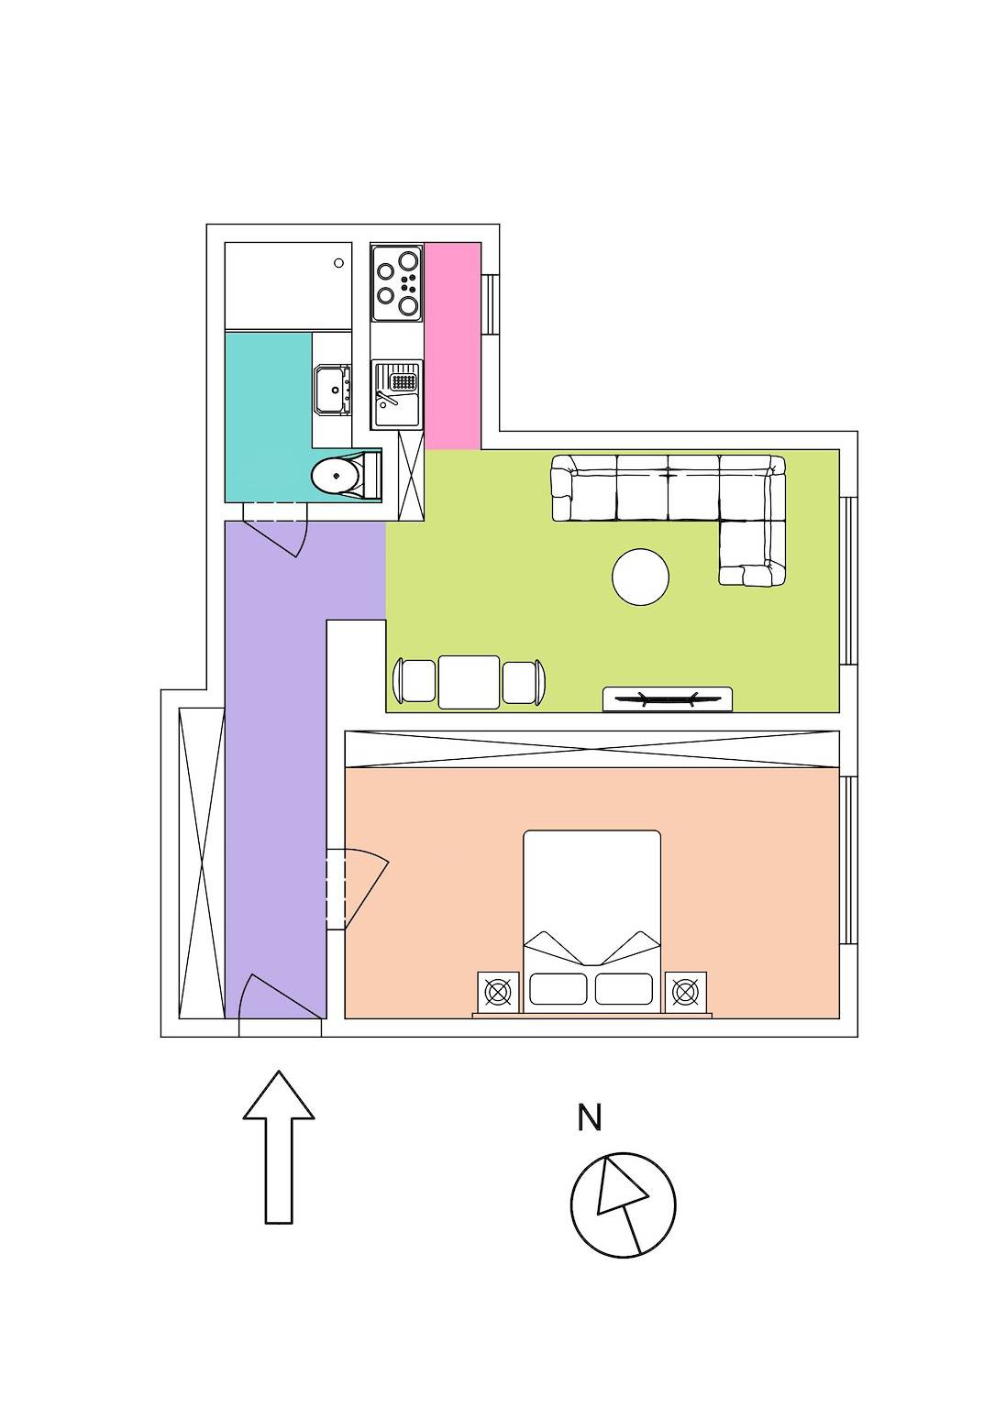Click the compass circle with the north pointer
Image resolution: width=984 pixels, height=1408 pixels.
[x=623, y=1204]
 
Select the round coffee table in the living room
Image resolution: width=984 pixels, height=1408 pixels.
[x=640, y=577]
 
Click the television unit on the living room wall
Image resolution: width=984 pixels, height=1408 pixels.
[x=667, y=698]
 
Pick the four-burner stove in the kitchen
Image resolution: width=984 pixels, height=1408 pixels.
[x=397, y=282]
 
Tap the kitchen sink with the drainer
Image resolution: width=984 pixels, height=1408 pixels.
[x=397, y=394]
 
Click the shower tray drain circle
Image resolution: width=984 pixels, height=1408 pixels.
[x=338, y=263]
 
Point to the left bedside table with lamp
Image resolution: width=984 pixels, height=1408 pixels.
[x=498, y=992]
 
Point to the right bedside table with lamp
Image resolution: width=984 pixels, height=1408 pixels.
[x=685, y=992]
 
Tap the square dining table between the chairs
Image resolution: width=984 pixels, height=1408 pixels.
[x=469, y=682]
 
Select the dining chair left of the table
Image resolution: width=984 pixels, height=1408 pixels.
[x=414, y=681]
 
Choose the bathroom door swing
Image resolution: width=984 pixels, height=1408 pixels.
[x=279, y=535]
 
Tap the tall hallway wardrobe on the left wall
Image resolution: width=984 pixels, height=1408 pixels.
[x=202, y=863]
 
